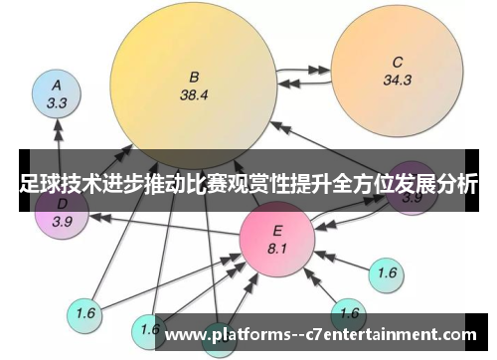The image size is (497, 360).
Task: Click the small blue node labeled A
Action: pyautogui.click(x=57, y=93)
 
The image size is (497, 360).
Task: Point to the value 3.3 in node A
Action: pyautogui.click(x=57, y=102)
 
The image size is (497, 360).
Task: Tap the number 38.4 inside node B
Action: pyautogui.click(x=194, y=96)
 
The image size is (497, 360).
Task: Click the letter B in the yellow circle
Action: pyautogui.click(x=194, y=76)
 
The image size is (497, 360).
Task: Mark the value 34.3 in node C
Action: pyautogui.click(x=397, y=81)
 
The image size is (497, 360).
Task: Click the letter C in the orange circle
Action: pyautogui.click(x=397, y=61)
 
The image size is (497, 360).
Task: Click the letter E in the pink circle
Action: pyautogui.click(x=277, y=230)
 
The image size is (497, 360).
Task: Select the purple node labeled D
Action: pyautogui.click(x=62, y=213)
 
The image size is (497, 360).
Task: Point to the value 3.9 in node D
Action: pyautogui.click(x=62, y=222)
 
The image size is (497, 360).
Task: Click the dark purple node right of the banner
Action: pyautogui.click(x=412, y=189)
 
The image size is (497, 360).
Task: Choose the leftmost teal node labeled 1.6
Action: pyautogui.click(x=85, y=313)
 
